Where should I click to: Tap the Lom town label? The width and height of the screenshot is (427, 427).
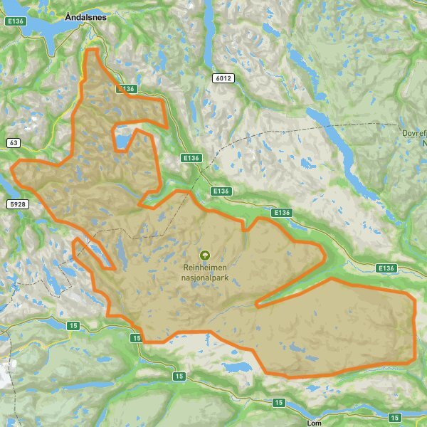pyautogui.click(x=313, y=422)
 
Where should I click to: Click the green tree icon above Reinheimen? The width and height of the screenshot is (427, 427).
pyautogui.click(x=205, y=254)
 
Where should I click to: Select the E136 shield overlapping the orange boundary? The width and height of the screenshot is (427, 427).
pyautogui.click(x=125, y=89)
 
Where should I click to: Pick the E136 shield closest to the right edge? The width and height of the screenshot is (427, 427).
pyautogui.click(x=386, y=268)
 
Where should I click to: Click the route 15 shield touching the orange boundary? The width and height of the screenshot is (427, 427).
pyautogui.click(x=136, y=338)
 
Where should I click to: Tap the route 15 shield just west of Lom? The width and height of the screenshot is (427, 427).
pyautogui.click(x=278, y=404)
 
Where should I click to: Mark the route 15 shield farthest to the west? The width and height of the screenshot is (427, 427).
pyautogui.click(x=73, y=325)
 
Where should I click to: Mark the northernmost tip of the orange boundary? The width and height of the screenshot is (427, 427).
pyautogui.click(x=90, y=50)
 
